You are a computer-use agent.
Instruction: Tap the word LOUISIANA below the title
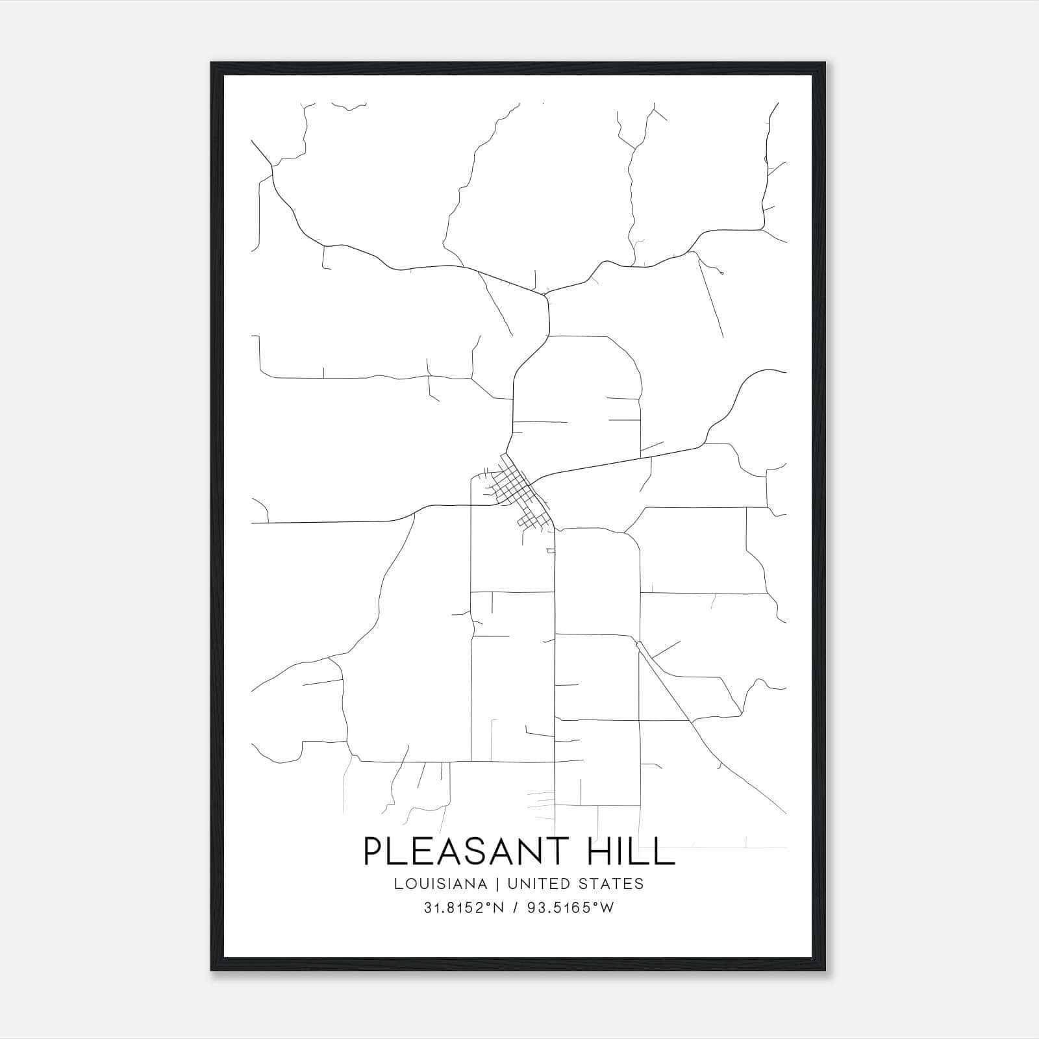[440, 884]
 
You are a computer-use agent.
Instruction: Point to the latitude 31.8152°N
[464, 908]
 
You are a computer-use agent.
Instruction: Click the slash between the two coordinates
[515, 908]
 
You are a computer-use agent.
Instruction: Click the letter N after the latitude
[499, 908]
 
